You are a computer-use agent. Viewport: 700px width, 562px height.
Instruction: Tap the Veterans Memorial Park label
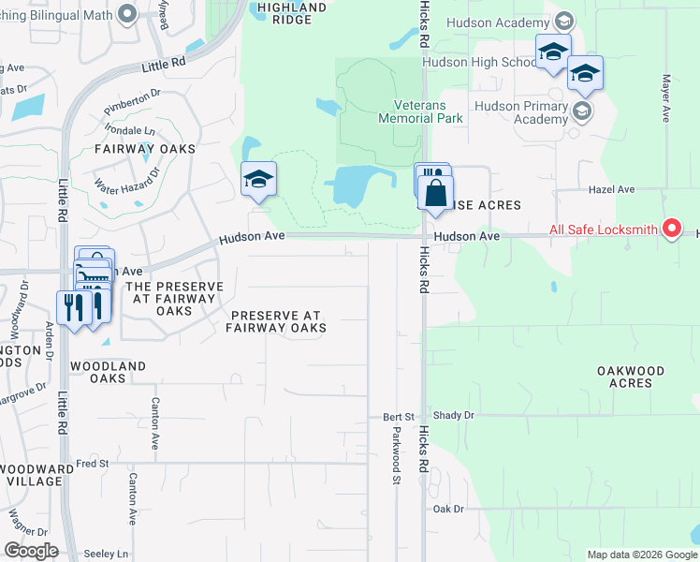(420, 112)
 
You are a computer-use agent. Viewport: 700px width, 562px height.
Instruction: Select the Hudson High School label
(478, 63)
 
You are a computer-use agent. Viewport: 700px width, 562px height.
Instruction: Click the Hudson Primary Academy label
(522, 112)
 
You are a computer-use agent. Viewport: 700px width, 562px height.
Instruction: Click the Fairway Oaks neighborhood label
(145, 149)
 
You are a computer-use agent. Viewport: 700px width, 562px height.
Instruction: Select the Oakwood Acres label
(631, 377)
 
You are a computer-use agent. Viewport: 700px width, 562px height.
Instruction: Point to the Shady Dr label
(455, 416)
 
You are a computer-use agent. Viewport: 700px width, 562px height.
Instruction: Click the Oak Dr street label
(448, 509)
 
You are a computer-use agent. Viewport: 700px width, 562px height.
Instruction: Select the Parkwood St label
(397, 455)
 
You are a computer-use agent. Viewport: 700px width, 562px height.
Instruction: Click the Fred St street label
(93, 464)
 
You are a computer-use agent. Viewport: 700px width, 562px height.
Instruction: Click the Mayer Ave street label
(667, 98)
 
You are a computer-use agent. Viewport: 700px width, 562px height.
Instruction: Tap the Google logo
(30, 551)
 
